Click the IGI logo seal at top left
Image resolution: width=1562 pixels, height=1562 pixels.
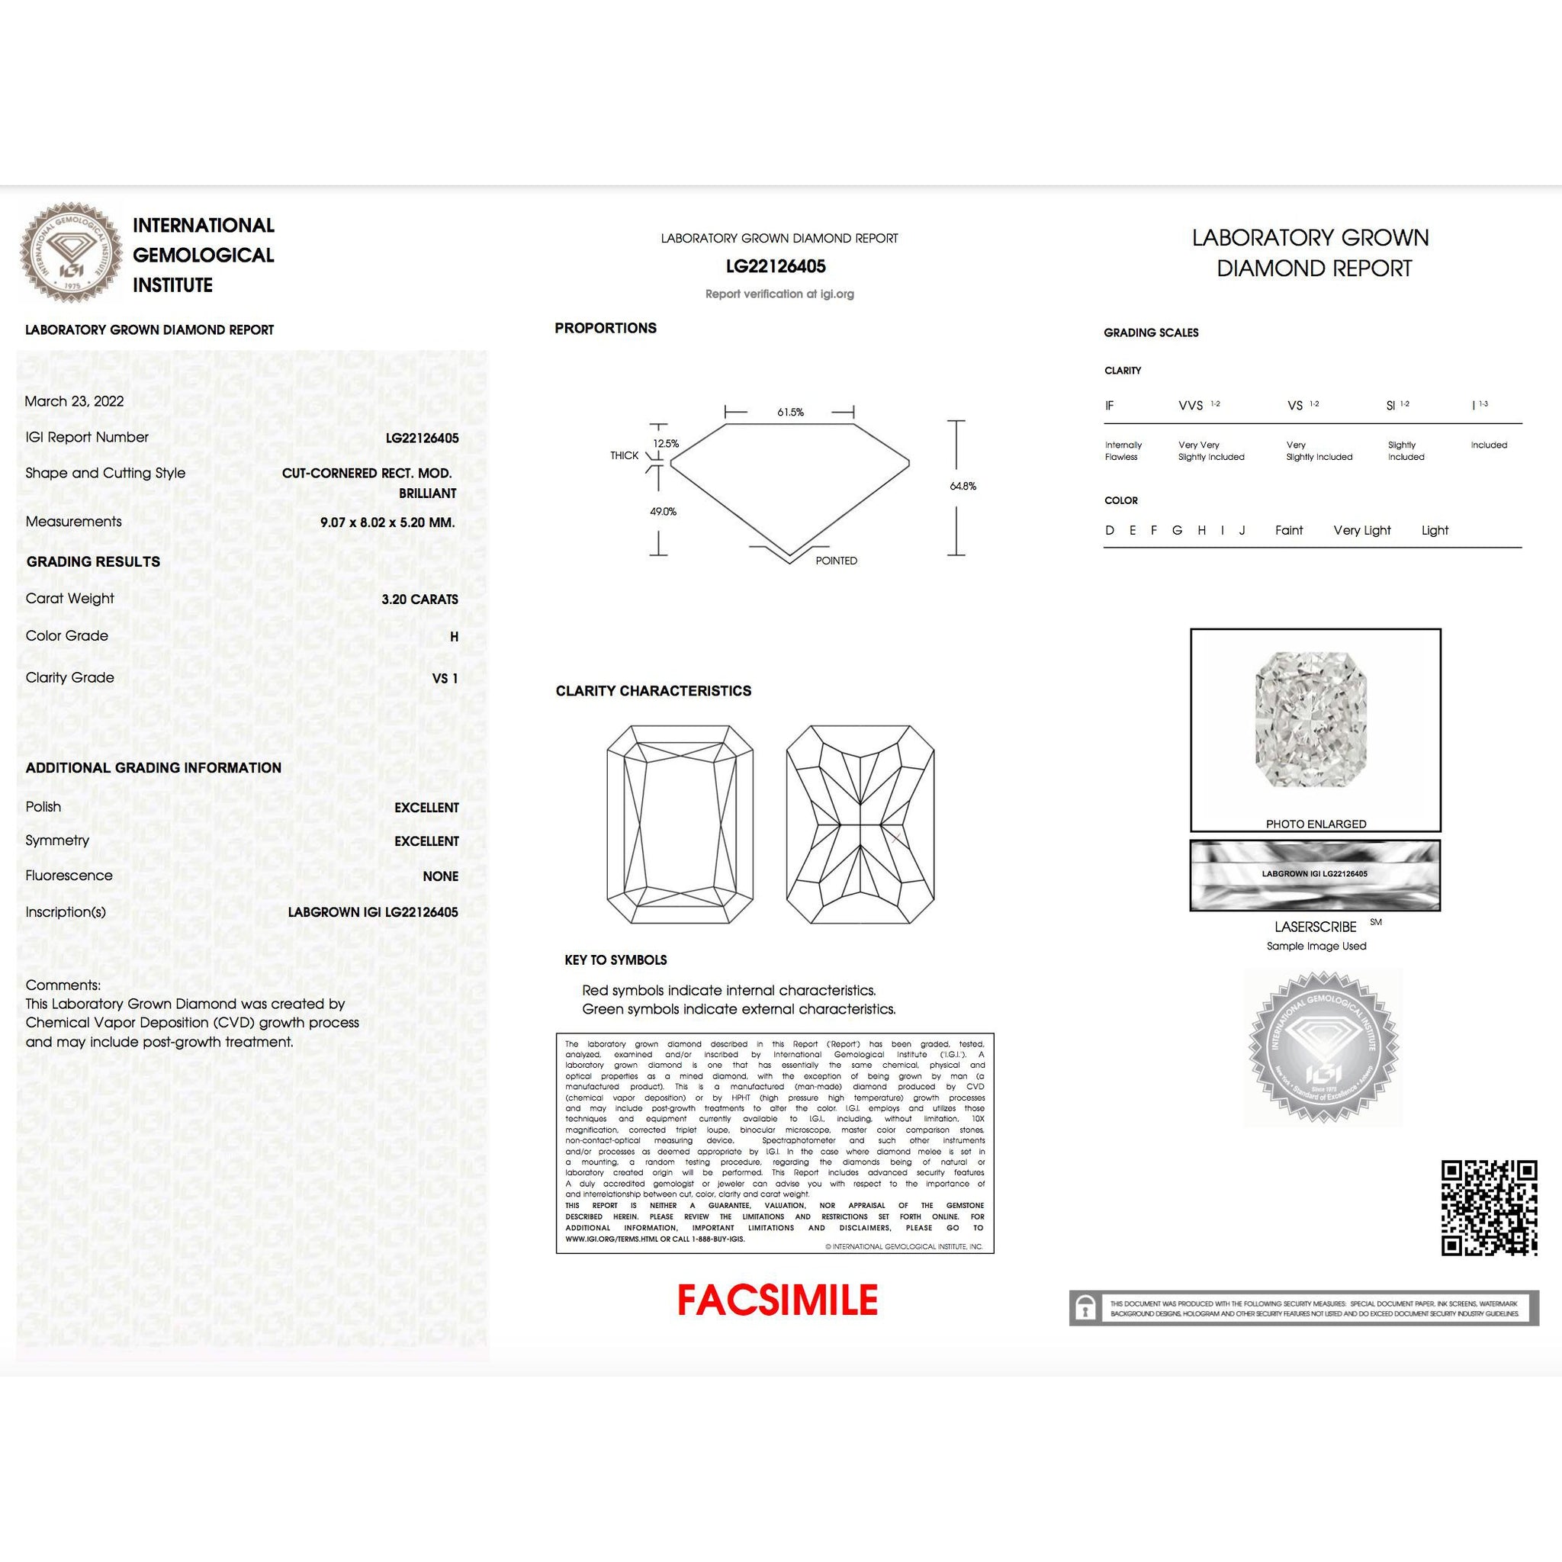[x=68, y=252]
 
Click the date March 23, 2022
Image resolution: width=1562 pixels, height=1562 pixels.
[x=75, y=401]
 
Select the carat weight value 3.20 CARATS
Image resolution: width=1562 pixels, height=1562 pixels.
[x=419, y=599]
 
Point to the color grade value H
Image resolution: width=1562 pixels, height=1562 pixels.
[x=454, y=637]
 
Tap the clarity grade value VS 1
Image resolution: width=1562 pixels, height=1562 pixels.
[x=445, y=678]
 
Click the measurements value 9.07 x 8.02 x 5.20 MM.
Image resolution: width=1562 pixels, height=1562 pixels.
[x=387, y=522]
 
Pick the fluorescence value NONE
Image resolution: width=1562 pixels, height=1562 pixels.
[x=440, y=876]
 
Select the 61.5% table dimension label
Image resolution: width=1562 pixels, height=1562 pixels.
[x=790, y=413]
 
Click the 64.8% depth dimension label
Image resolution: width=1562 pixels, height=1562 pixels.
[x=963, y=486]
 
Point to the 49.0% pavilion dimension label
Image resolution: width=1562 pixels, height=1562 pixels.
[x=663, y=512]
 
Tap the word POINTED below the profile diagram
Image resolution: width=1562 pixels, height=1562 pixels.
[x=836, y=561]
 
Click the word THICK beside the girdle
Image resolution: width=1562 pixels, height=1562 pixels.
[x=624, y=456]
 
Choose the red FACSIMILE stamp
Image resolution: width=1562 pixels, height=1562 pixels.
[x=777, y=1301]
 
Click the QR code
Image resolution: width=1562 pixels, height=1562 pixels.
[x=1490, y=1209]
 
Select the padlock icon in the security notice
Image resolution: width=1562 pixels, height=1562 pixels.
[x=1085, y=1308]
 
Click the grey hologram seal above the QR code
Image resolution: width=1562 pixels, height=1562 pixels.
[x=1322, y=1048]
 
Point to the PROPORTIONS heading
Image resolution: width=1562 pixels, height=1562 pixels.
[x=605, y=328]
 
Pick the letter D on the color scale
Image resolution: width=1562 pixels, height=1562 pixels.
[x=1109, y=530]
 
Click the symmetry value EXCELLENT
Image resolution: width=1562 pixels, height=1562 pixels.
[x=426, y=842]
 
